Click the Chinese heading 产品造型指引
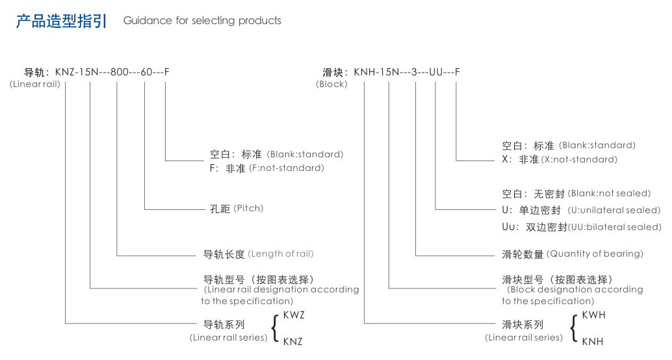(x=61, y=21)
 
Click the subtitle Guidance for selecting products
(x=202, y=21)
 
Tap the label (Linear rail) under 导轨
(x=34, y=84)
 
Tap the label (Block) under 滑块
(x=331, y=84)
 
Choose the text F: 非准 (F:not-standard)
(x=266, y=168)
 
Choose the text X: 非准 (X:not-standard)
(x=559, y=159)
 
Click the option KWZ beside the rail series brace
(x=294, y=315)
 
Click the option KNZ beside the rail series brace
(x=292, y=341)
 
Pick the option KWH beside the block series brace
(x=593, y=315)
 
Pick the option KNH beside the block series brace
(x=592, y=341)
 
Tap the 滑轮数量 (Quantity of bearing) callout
(x=572, y=254)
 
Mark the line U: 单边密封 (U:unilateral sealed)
(x=580, y=211)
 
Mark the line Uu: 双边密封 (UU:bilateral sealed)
(x=581, y=227)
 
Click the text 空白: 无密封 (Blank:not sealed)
(x=576, y=194)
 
